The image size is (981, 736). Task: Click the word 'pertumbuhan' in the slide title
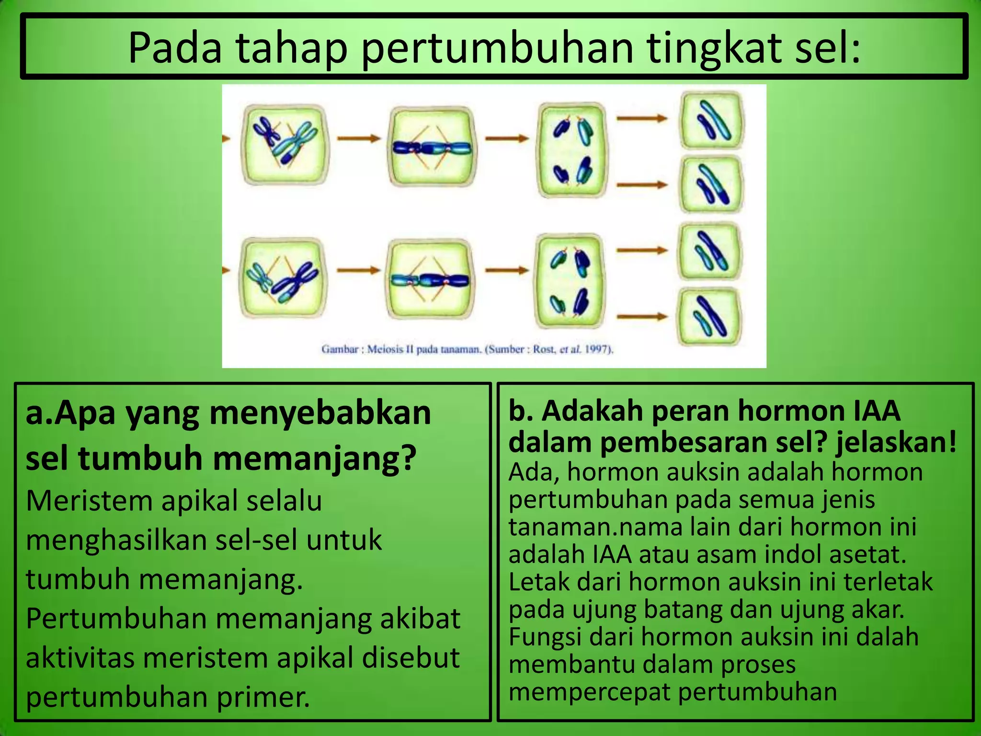(x=497, y=48)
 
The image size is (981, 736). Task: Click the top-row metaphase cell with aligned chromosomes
(x=433, y=146)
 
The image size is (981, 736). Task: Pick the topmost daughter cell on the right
(x=713, y=120)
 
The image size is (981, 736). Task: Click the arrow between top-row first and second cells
(x=358, y=138)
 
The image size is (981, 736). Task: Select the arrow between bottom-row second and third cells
(x=507, y=270)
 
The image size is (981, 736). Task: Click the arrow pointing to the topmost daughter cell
(x=642, y=118)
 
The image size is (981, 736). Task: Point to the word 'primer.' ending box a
(x=263, y=697)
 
